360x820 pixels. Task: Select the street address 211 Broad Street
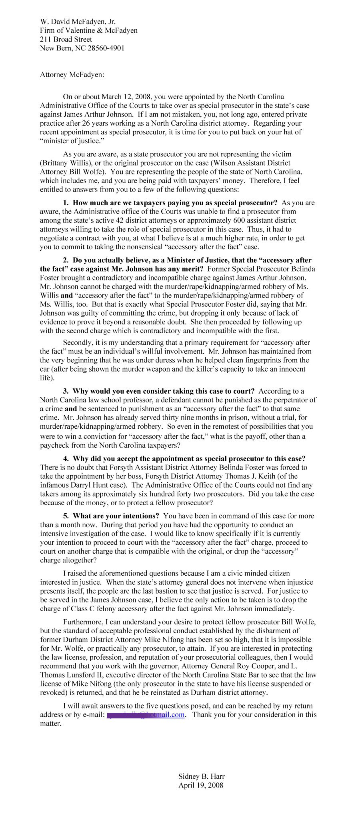click(x=66, y=39)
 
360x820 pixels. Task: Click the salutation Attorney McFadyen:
click(x=72, y=74)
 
